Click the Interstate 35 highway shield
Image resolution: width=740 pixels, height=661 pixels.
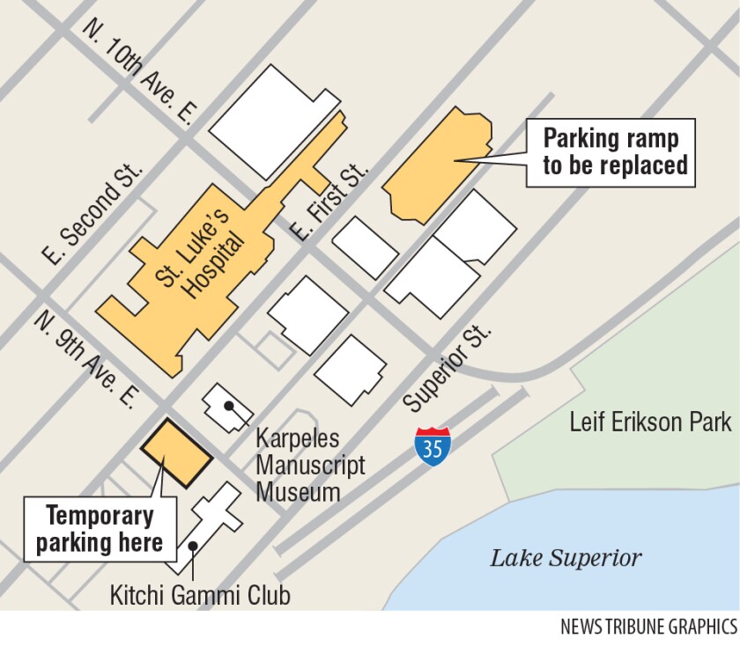click(433, 445)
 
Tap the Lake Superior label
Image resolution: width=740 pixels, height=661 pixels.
click(566, 557)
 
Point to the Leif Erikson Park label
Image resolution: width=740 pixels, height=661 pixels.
click(650, 422)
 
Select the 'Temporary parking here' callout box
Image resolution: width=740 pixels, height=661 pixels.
click(99, 529)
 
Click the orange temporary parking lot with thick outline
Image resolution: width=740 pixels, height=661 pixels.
click(177, 453)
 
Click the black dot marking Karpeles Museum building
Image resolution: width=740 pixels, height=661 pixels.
click(228, 406)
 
